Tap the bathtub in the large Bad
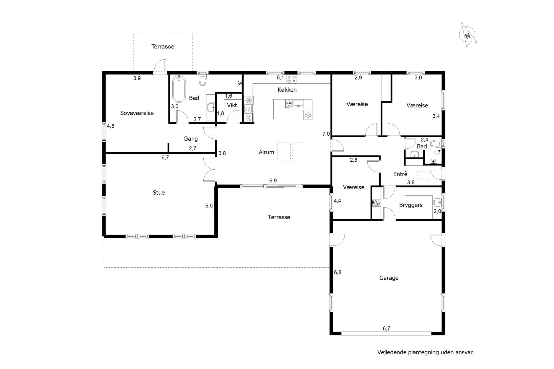(x=179, y=89)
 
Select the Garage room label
(x=389, y=278)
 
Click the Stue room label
(x=159, y=193)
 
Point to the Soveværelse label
(x=137, y=113)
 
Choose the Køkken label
(x=287, y=90)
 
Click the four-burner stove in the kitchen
(x=291, y=79)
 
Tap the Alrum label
(x=266, y=152)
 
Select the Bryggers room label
(x=411, y=205)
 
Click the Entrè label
(x=400, y=174)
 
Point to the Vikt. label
(x=233, y=105)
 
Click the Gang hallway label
(x=191, y=139)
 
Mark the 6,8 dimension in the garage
(x=338, y=272)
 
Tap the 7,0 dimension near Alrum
(x=326, y=134)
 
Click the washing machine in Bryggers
(x=377, y=203)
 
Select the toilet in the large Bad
(x=203, y=80)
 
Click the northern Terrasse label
(x=163, y=47)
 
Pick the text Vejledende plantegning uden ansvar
(x=426, y=352)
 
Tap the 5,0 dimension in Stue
(x=209, y=206)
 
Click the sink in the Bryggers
(x=437, y=203)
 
